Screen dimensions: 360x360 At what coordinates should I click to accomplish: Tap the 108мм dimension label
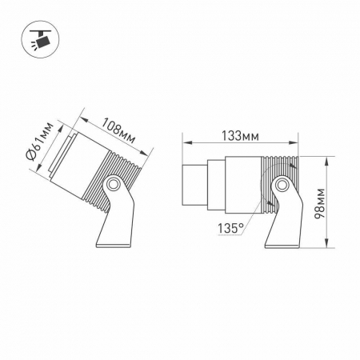(x=118, y=130)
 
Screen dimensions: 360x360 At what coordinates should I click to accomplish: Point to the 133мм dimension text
(x=239, y=135)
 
